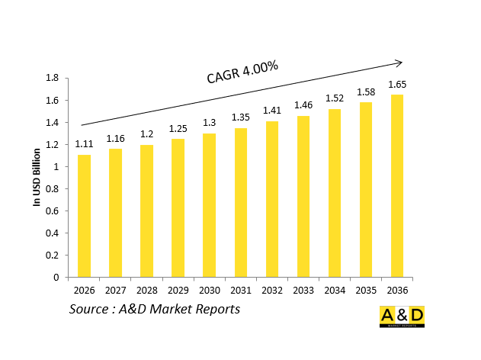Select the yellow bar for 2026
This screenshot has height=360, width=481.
(84, 216)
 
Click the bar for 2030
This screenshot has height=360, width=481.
(209, 205)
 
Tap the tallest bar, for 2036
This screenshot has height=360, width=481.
(397, 186)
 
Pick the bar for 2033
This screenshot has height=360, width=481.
(303, 197)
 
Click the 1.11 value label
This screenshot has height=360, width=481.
(84, 144)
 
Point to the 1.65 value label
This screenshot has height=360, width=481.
(397, 84)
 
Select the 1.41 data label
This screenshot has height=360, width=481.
(272, 111)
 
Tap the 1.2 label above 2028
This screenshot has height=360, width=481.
(146, 134)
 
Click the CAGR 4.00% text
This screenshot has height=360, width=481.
(242, 72)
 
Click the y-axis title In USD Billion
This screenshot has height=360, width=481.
(36, 177)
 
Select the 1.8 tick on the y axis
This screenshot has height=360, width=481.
(53, 78)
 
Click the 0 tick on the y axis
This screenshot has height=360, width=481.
(56, 278)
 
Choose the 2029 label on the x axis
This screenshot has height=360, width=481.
(178, 290)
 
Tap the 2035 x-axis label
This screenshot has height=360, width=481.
(366, 290)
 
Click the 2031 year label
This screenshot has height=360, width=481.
(240, 290)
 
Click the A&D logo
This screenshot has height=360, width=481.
(402, 317)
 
